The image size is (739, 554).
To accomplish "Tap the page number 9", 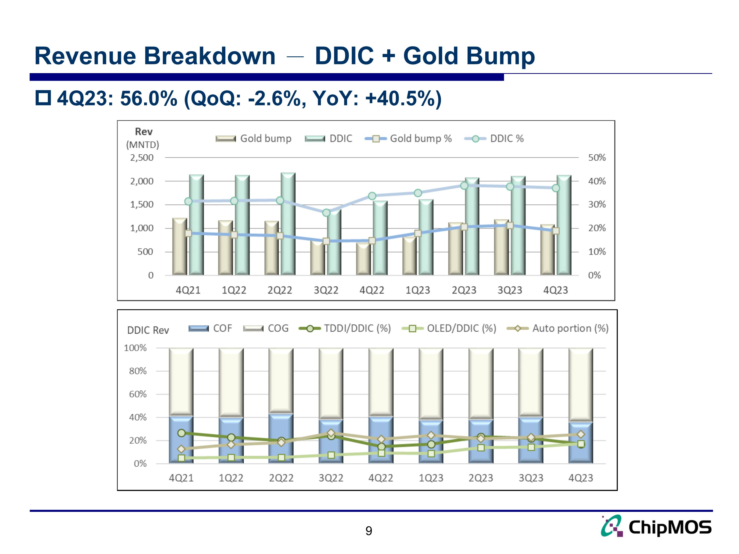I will [369, 531].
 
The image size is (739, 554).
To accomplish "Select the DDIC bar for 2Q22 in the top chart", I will [288, 224].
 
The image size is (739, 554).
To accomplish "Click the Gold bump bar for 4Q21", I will [179, 247].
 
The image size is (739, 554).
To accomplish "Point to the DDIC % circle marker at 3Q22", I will [326, 213].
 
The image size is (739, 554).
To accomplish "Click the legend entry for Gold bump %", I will [408, 139].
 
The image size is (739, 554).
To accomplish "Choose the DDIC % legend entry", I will [494, 139].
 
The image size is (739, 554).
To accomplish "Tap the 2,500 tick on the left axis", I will [142, 158].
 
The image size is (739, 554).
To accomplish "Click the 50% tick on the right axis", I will [597, 158].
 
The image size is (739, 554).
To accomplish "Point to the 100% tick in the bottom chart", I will [135, 348].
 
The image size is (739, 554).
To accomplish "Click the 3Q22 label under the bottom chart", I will [331, 478].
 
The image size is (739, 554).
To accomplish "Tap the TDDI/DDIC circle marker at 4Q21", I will [181, 433].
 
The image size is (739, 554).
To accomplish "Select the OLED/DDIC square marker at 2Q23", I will [481, 447].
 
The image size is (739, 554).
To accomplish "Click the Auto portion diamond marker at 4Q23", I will [581, 434].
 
